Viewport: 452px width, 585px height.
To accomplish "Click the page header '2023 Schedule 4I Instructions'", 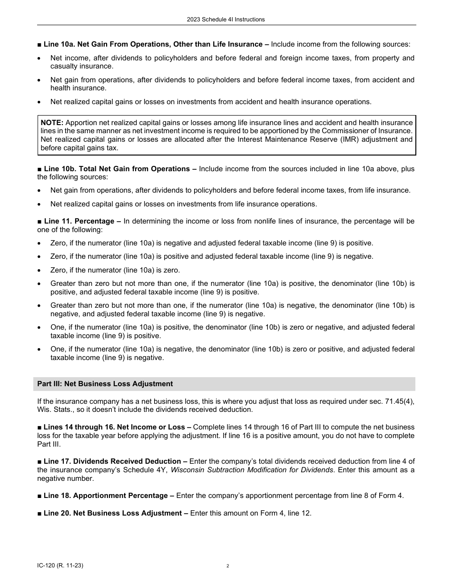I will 226,19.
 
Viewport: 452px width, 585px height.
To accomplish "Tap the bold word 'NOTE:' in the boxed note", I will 52,123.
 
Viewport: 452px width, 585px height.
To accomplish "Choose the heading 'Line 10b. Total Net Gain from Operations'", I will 117,169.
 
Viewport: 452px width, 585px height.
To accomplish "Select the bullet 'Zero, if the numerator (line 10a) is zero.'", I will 115,270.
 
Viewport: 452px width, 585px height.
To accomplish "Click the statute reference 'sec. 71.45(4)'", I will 392,401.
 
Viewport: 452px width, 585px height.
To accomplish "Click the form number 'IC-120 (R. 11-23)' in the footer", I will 60,565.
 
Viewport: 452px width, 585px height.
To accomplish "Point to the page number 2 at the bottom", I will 228,566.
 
